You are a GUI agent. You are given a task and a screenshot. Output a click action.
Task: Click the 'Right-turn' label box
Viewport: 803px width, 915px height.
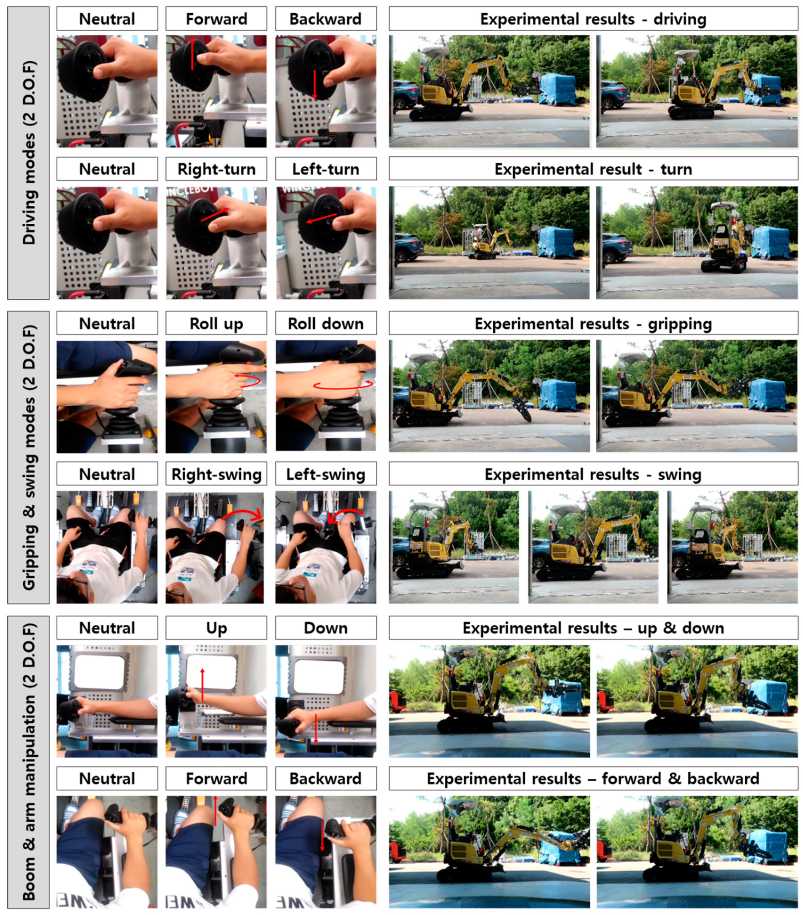point(216,169)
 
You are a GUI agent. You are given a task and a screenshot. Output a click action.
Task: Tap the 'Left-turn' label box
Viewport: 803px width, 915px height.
point(326,169)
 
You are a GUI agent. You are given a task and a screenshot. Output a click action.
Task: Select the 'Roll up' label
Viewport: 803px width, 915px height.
point(216,323)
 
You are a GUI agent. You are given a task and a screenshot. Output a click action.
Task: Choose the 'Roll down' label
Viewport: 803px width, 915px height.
point(326,323)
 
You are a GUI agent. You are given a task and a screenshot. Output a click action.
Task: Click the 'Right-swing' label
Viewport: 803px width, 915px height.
point(216,474)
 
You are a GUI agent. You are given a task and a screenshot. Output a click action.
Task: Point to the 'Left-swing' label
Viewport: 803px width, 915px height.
point(326,474)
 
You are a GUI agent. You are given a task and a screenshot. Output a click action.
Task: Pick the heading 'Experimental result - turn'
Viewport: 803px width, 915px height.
point(593,169)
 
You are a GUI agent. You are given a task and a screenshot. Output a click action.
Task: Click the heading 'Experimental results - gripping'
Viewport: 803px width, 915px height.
point(593,323)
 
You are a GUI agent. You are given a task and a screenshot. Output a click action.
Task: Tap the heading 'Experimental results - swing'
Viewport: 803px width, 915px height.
point(593,474)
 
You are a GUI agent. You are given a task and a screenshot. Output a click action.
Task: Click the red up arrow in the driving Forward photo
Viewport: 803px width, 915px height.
point(192,54)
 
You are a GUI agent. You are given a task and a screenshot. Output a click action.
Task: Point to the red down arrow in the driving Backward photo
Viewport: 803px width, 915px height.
point(315,84)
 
